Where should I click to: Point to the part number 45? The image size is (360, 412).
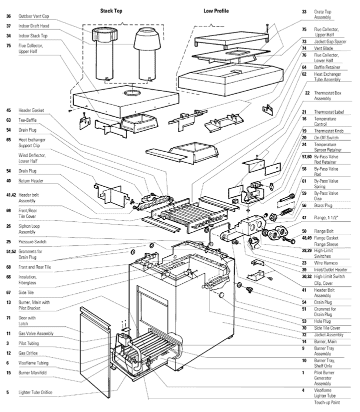click(8, 111)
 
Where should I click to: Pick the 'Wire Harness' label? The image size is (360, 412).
click(326, 263)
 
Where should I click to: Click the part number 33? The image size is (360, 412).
click(304, 11)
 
